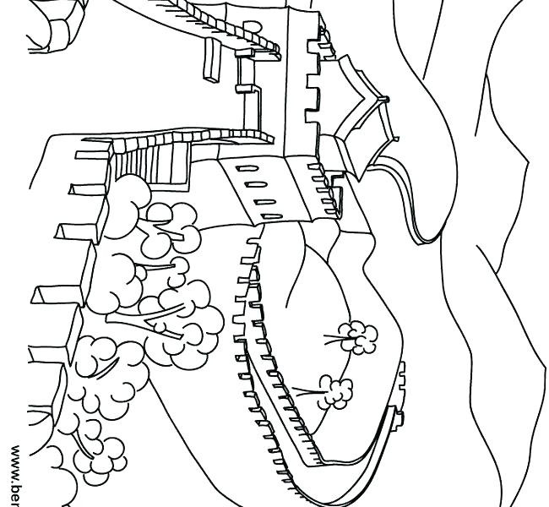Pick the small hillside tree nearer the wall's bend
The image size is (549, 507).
336,390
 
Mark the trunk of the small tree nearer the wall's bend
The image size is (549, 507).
308,390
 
